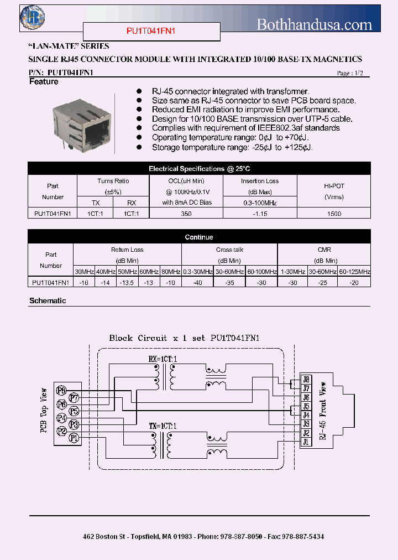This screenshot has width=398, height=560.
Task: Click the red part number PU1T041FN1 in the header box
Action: point(151,32)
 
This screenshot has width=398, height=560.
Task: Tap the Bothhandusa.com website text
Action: point(315,24)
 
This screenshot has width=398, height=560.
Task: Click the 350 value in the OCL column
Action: point(186,213)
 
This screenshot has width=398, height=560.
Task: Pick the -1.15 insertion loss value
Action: point(260,213)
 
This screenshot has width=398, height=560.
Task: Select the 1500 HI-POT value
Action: point(334,213)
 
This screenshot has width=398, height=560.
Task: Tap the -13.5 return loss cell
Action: point(127,282)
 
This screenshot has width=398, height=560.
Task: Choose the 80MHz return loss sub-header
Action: point(170,272)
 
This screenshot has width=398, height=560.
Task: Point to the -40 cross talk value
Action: point(197,282)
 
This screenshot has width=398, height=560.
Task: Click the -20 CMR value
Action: point(354,282)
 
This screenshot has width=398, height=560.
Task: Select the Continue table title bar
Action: point(199,237)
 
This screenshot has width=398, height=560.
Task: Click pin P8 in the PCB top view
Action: point(61,391)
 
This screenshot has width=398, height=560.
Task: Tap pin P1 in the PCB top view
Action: point(73,438)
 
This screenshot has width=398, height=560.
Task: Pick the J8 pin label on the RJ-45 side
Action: point(306,379)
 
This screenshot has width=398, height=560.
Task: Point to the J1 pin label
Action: point(306,442)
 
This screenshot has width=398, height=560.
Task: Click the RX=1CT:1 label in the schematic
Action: point(163,359)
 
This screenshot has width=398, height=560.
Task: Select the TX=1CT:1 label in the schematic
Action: point(163,426)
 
